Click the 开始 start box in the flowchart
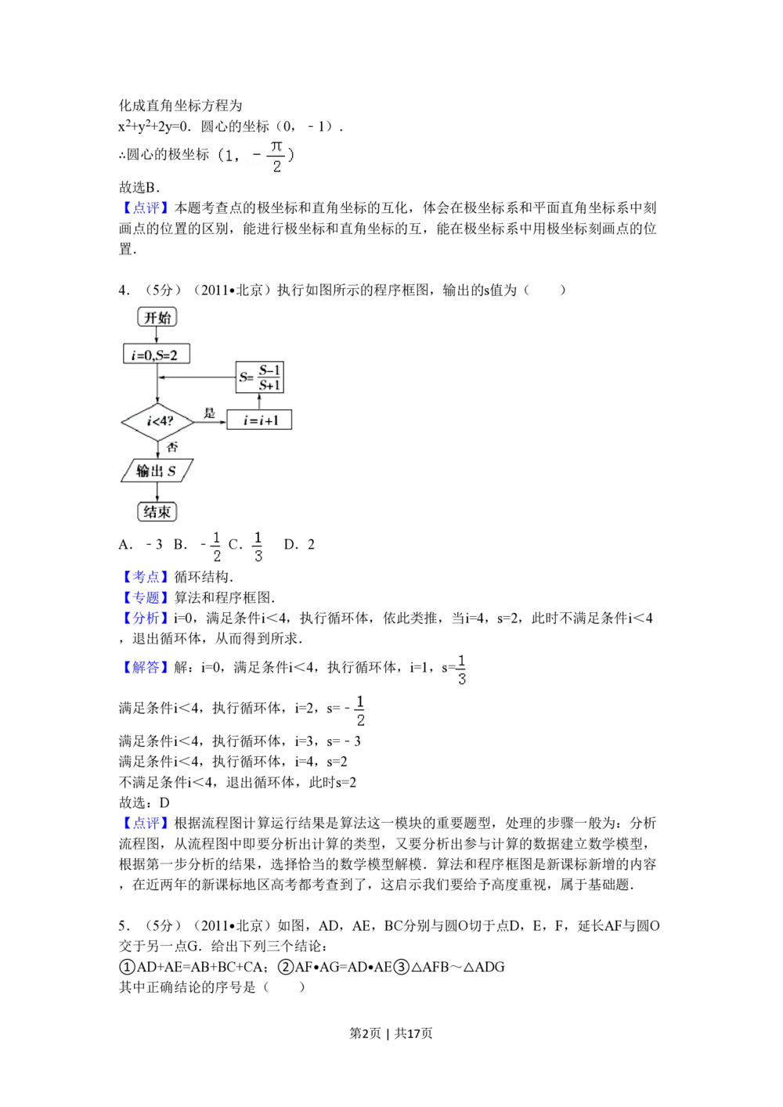click(x=157, y=317)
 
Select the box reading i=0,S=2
click(x=157, y=355)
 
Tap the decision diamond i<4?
click(x=157, y=421)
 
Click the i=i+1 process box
click(x=259, y=420)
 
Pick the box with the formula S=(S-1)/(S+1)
click(x=260, y=377)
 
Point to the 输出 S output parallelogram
click(x=157, y=471)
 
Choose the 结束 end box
click(x=157, y=512)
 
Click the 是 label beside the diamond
click(x=209, y=413)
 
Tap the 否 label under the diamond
click(x=171, y=447)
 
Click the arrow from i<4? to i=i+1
click(x=211, y=421)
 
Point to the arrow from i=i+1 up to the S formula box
click(x=260, y=401)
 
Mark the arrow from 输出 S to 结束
click(x=157, y=492)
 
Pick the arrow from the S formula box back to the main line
click(x=197, y=377)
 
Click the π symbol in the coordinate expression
click(x=276, y=146)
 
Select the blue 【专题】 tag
click(x=145, y=598)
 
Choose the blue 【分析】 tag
click(x=145, y=618)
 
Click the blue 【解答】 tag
click(x=145, y=668)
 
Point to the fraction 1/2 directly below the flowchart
click(x=216, y=546)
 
